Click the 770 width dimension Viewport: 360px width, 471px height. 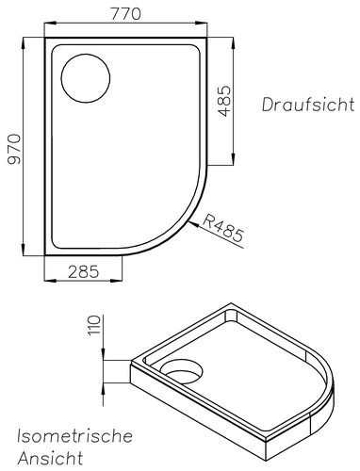point(125,14)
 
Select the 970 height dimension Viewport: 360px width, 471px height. point(14,149)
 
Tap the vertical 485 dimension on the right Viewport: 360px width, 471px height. point(224,101)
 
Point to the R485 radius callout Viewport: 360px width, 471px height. point(223,228)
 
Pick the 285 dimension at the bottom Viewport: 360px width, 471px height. point(84,271)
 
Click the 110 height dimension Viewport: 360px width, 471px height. point(94,325)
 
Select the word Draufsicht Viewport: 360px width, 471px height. point(308,105)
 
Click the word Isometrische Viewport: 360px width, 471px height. point(74,436)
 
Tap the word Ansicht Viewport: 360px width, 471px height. point(50,458)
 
